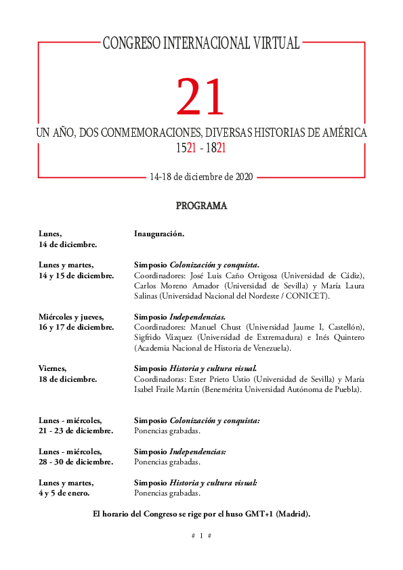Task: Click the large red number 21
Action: coord(200,98)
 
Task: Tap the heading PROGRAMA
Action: coord(201,206)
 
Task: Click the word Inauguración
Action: coord(159,234)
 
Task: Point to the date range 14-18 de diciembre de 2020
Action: coord(201,177)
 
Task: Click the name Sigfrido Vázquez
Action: coord(165,338)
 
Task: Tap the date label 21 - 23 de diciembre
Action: coord(76,431)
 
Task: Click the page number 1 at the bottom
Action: coord(201,535)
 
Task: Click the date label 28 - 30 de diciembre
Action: coord(76,462)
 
